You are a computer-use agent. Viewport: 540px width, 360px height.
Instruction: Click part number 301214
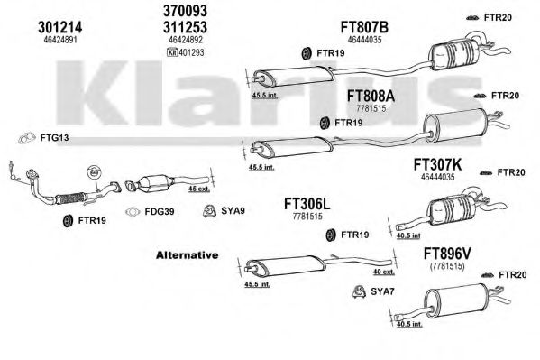pyautogui.click(x=59, y=27)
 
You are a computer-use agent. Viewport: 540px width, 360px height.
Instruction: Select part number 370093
pyautogui.click(x=185, y=11)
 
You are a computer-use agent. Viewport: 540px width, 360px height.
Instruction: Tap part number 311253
pyautogui.click(x=185, y=27)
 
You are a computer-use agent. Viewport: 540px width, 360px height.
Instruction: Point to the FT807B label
pyautogui.click(x=364, y=27)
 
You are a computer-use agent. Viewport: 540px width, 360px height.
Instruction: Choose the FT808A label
pyautogui.click(x=371, y=96)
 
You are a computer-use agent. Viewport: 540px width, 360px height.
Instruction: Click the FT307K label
pyautogui.click(x=437, y=165)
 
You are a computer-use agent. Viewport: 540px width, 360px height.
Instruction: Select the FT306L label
pyautogui.click(x=307, y=204)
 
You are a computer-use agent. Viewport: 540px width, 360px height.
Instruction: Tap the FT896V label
pyautogui.click(x=447, y=254)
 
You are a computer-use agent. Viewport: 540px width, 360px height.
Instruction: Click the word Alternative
pyautogui.click(x=187, y=255)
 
